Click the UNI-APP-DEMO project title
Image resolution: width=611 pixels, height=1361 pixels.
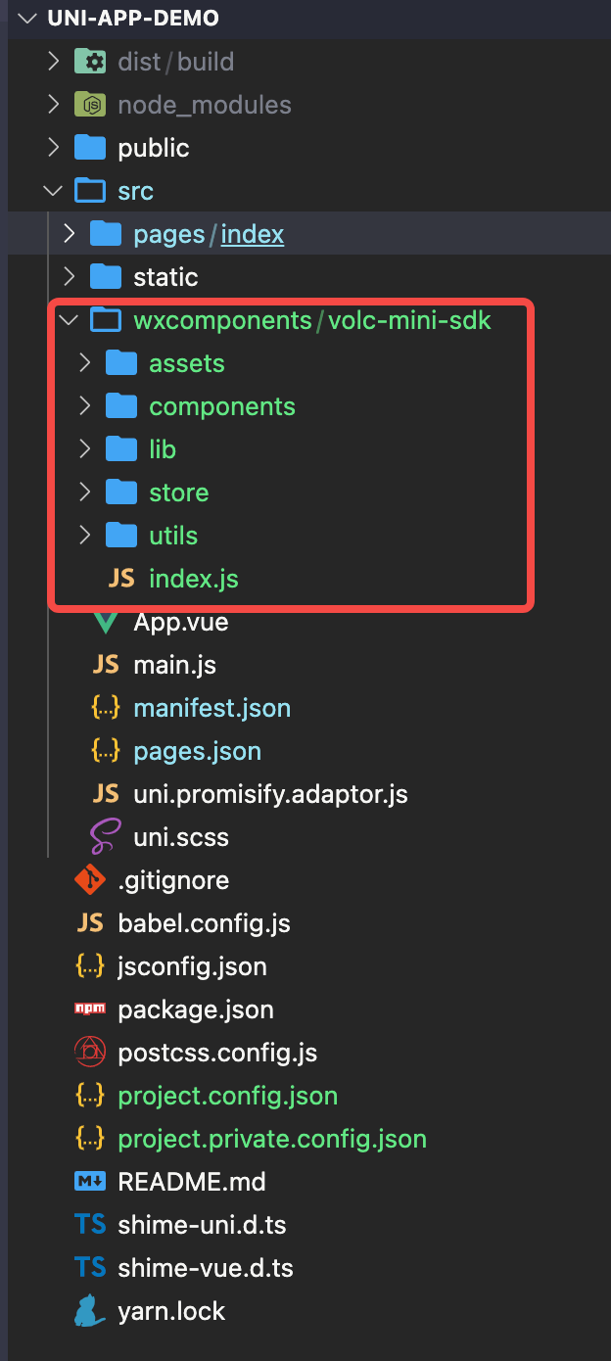tap(133, 19)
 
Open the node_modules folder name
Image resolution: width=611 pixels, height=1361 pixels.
tap(205, 105)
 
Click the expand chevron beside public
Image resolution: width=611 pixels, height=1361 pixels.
tap(54, 147)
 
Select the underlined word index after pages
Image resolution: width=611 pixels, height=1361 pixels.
tap(252, 235)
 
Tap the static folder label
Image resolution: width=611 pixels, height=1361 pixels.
tap(165, 278)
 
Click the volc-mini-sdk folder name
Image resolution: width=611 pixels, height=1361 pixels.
tap(409, 321)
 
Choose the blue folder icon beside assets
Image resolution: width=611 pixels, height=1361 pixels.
tap(121, 363)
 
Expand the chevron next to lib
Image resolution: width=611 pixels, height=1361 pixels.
tap(85, 449)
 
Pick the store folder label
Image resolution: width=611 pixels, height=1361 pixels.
tap(179, 493)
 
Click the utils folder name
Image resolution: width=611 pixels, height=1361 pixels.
tap(173, 536)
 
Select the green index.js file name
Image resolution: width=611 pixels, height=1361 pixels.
tap(194, 579)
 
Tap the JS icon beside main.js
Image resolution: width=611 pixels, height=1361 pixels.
tap(106, 665)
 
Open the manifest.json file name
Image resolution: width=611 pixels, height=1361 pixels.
tap(211, 709)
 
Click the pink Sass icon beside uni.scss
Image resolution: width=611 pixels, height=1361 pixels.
tap(105, 836)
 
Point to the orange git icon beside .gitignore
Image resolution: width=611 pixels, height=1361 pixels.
tap(90, 880)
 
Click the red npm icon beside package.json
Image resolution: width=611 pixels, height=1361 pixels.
tap(90, 1009)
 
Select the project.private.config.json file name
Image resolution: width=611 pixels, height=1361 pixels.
tap(272, 1140)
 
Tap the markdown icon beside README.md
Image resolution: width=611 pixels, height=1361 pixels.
tap(90, 1182)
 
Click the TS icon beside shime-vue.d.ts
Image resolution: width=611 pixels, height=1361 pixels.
tap(90, 1268)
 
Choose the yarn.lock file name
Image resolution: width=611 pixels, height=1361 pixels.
tap(171, 1311)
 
